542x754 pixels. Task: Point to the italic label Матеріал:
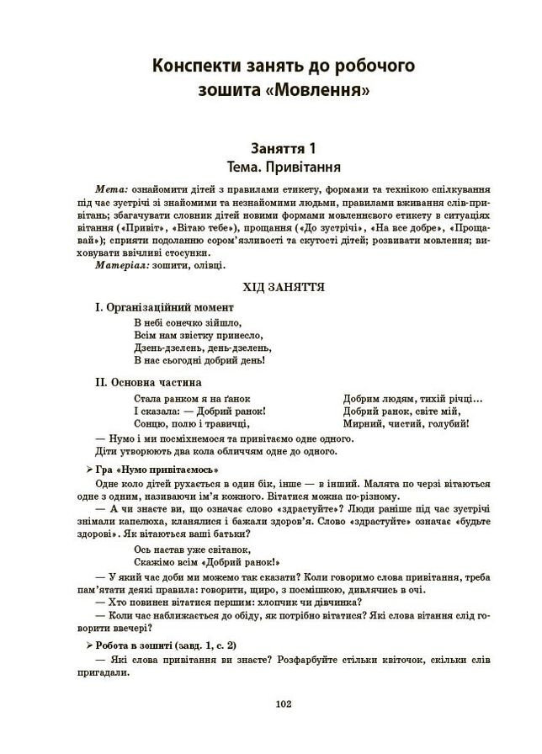click(126, 265)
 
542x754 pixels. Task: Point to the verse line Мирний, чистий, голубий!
click(406, 424)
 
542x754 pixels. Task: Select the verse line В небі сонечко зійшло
click(188, 321)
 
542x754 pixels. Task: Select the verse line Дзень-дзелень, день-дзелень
click(203, 347)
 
